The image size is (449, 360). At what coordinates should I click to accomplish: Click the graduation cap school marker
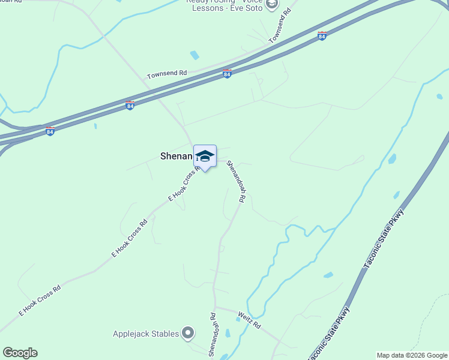tap(205, 157)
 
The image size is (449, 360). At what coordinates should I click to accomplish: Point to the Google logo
tap(20, 353)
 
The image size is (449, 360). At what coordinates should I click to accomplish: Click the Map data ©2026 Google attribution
tap(412, 355)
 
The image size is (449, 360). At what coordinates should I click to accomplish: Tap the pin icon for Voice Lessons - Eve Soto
tap(272, 5)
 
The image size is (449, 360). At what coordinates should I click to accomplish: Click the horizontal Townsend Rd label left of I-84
tap(167, 74)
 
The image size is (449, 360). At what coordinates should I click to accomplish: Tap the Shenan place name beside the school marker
tap(176, 156)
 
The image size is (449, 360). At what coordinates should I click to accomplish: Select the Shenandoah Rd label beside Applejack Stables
tap(212, 334)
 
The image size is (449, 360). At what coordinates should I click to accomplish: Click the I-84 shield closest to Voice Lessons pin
tap(322, 36)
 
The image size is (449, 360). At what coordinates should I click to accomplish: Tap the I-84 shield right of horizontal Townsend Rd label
tap(227, 73)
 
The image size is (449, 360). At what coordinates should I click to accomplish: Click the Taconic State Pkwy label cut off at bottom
tap(328, 336)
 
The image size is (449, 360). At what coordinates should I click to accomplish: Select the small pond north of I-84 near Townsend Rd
tap(194, 55)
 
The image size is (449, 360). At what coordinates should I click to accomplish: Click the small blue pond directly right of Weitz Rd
tap(328, 275)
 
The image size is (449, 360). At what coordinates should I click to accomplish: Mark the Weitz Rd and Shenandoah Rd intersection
tap(216, 308)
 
